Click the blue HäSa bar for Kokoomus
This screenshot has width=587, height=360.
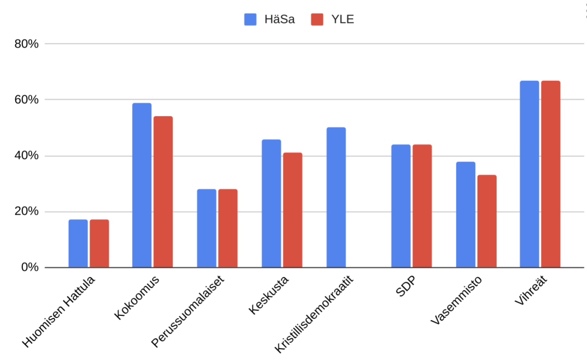pyautogui.click(x=142, y=185)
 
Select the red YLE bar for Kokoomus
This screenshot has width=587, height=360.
pyautogui.click(x=163, y=192)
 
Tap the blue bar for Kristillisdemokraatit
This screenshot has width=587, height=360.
pyautogui.click(x=336, y=197)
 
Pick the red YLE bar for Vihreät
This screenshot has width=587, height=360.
pyautogui.click(x=551, y=174)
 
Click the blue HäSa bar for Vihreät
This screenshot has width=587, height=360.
pyautogui.click(x=529, y=174)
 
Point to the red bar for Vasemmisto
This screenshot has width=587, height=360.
pyautogui.click(x=487, y=221)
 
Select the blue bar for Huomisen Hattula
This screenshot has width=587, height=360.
pyautogui.click(x=78, y=243)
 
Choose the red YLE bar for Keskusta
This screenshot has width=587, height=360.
pyautogui.click(x=292, y=210)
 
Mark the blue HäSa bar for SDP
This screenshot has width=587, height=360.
pyautogui.click(x=401, y=206)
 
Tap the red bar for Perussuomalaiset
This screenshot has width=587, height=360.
pyautogui.click(x=228, y=228)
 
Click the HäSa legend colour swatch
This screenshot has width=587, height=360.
pyautogui.click(x=250, y=20)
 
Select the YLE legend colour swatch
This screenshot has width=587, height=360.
pyautogui.click(x=317, y=20)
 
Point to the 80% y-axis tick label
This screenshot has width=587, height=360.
pyautogui.click(x=26, y=44)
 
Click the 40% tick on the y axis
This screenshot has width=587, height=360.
pyautogui.click(x=26, y=156)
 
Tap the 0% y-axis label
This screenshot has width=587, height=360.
pyautogui.click(x=29, y=267)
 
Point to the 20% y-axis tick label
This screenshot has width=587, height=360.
pyautogui.click(x=26, y=211)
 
